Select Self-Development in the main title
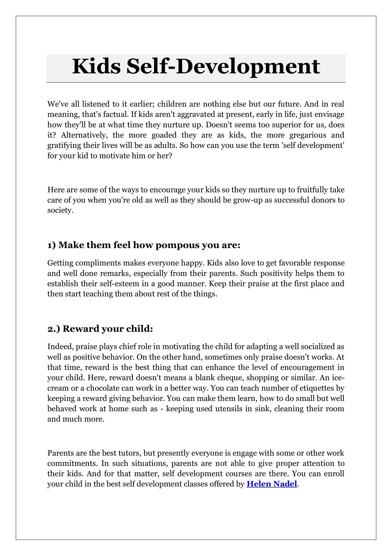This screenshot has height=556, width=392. (x=223, y=67)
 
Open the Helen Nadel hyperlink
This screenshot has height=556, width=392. (x=272, y=484)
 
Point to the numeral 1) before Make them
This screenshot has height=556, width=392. (x=51, y=245)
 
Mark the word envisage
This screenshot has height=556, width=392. (x=329, y=114)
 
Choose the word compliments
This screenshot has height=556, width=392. (x=100, y=263)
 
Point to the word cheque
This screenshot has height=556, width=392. (x=231, y=378)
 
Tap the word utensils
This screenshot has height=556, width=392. (x=228, y=409)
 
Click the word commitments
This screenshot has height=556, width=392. (x=72, y=464)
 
